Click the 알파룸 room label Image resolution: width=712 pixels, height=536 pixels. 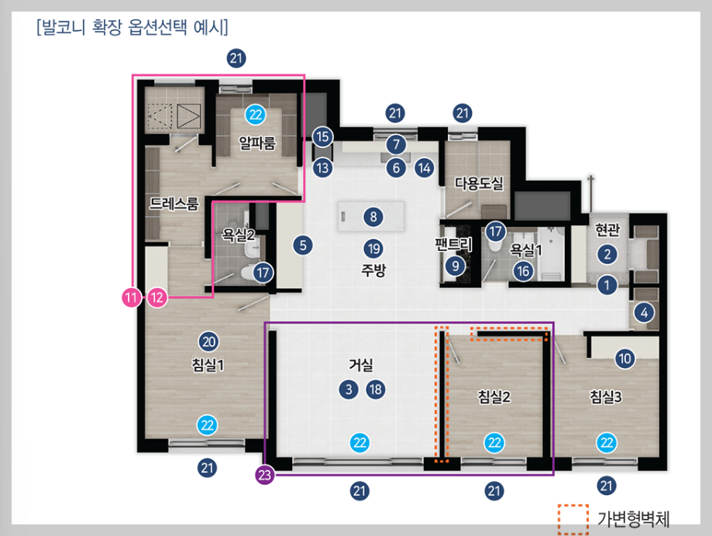[x=257, y=143]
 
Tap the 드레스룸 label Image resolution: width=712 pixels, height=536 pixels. [x=174, y=204]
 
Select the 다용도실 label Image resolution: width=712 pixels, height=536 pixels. [x=479, y=184]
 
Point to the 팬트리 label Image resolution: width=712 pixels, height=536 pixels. [x=454, y=244]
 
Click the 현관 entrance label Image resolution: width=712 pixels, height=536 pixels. [x=607, y=230]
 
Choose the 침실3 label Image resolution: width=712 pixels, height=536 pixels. [x=606, y=397]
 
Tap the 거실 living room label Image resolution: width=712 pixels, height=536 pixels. [x=361, y=365]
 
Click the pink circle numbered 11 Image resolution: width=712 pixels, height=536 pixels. [x=131, y=297]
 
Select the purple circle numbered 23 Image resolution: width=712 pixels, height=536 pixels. [x=265, y=475]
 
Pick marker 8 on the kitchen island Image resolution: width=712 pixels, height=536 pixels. [x=373, y=217]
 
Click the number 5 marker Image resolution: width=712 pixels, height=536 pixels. [x=303, y=246]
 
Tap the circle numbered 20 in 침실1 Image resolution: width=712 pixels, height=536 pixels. [x=208, y=342]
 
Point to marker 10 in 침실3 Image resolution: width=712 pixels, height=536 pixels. [x=624, y=359]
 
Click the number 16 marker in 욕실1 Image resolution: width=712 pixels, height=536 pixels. [x=523, y=271]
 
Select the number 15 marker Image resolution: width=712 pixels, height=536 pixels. [x=322, y=136]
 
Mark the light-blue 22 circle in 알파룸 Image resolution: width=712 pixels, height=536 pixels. [x=256, y=115]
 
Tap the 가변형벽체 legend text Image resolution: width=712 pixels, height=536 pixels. [x=634, y=519]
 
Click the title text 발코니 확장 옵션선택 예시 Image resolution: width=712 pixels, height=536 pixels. [x=132, y=27]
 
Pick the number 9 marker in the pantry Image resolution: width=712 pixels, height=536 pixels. [x=455, y=266]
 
